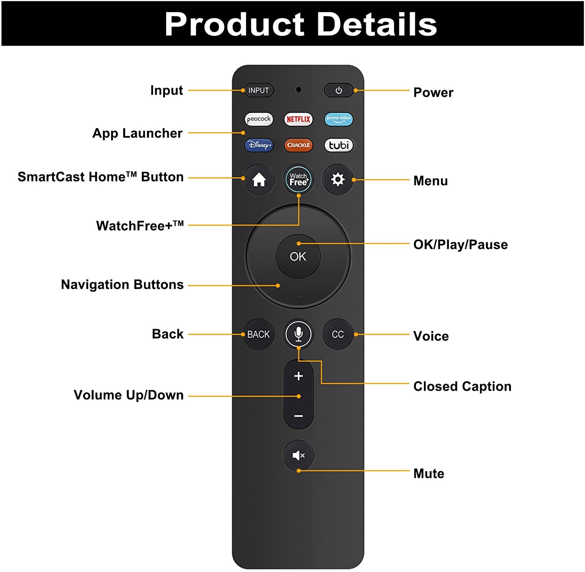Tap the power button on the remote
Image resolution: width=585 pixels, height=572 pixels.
(339, 90)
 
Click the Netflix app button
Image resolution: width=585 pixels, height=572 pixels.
(298, 119)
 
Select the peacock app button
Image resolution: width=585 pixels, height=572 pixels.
(259, 119)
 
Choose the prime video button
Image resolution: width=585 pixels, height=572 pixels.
(339, 119)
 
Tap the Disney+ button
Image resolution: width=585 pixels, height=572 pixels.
(259, 145)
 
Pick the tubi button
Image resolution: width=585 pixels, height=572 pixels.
(339, 145)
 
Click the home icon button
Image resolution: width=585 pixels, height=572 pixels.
(259, 180)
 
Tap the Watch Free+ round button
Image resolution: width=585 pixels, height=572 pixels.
(298, 180)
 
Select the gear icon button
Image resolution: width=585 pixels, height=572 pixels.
(338, 180)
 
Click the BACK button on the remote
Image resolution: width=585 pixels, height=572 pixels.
(259, 334)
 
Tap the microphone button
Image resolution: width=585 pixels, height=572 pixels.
(298, 334)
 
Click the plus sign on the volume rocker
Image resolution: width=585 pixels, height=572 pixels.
(298, 376)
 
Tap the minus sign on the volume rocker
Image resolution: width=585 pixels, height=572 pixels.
(298, 416)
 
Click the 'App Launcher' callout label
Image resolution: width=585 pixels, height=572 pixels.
(137, 133)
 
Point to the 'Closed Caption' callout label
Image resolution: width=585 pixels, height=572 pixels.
(462, 387)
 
